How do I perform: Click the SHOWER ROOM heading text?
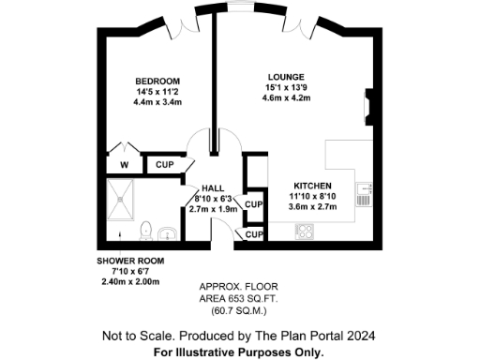131,261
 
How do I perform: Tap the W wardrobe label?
123,165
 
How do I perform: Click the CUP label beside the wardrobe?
165,165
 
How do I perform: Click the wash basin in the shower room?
169,232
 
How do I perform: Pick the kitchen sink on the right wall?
365,194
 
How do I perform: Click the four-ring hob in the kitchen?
305,232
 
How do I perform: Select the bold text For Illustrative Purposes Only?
239,352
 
